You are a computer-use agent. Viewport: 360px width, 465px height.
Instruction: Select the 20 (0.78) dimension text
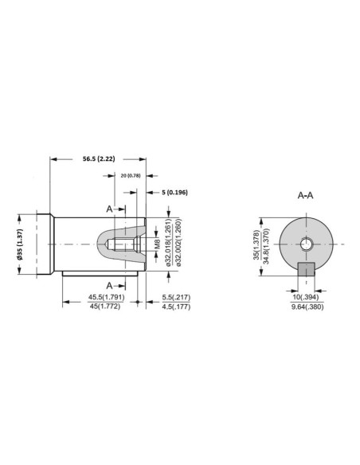coord(130,174)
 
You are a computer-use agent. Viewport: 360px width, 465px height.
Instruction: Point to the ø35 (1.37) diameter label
coord(22,242)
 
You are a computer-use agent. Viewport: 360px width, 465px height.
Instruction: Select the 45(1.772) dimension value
coord(104,307)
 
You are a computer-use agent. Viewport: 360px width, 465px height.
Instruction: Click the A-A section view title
coord(307,194)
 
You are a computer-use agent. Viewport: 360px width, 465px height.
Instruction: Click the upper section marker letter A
coord(108,208)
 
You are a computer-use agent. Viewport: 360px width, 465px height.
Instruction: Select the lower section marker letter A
coord(108,284)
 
